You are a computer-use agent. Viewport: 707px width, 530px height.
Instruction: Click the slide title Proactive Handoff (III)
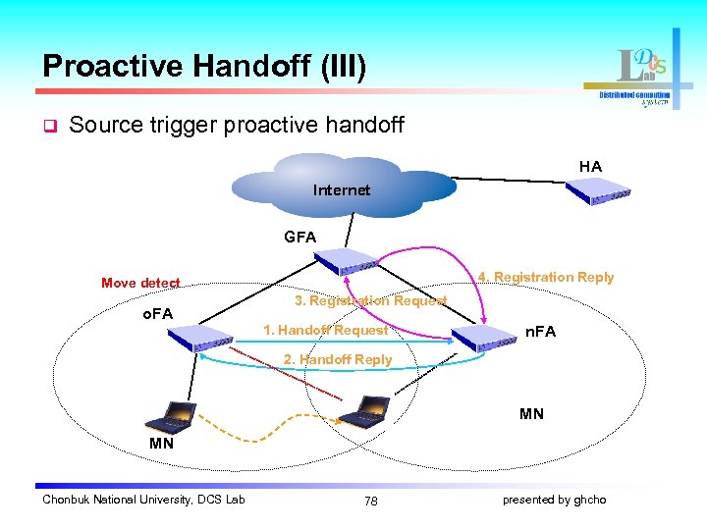(x=204, y=67)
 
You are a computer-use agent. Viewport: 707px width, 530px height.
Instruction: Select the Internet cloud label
(x=341, y=189)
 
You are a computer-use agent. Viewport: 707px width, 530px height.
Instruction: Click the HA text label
(x=590, y=167)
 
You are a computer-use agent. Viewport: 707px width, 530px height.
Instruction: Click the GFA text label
(x=299, y=237)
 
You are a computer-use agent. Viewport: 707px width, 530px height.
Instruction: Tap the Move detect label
(x=140, y=283)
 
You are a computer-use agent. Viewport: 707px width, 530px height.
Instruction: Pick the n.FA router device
(x=481, y=338)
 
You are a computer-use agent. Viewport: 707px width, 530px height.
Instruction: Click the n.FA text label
(x=540, y=332)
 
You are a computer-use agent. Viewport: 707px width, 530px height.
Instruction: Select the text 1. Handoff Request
(x=325, y=330)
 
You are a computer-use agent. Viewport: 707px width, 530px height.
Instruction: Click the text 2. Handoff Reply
(x=337, y=359)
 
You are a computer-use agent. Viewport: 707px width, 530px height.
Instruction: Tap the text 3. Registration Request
(x=370, y=300)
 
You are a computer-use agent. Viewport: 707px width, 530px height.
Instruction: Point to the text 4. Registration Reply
(x=545, y=277)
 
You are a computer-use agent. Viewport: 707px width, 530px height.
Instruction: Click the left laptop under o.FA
(x=169, y=417)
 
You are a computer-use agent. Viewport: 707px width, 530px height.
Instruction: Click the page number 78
(x=370, y=501)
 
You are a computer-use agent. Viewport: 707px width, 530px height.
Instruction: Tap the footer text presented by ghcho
(x=554, y=500)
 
